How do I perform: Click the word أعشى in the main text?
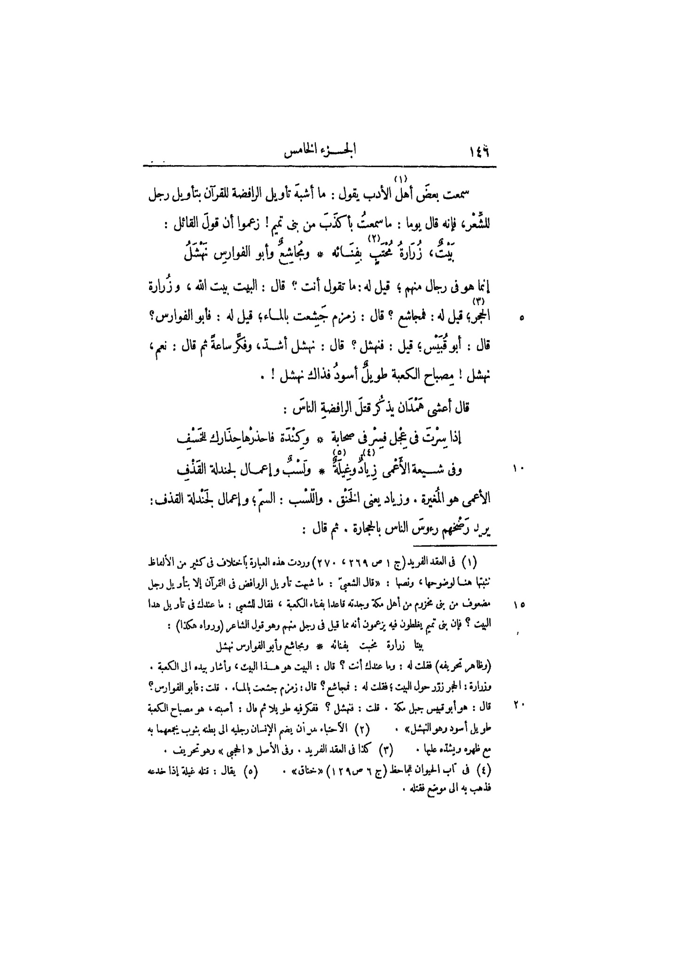click(442, 408)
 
